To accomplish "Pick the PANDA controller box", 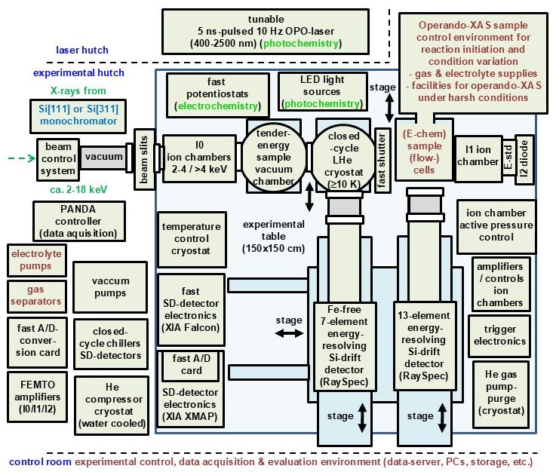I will point(75,221).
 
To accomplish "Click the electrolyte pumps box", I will point(35,260).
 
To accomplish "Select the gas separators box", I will point(35,296).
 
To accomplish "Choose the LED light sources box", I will point(320,90).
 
